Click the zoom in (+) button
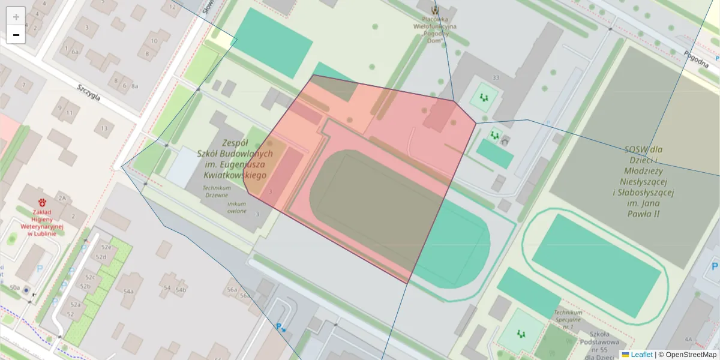click(x=16, y=17)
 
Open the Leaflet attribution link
click(x=641, y=355)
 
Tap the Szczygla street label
click(x=89, y=92)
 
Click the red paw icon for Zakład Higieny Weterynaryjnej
click(x=43, y=202)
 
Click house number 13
click(x=104, y=128)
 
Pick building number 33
click(x=495, y=78)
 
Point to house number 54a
click(x=128, y=291)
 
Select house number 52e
click(x=106, y=247)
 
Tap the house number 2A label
click(x=62, y=197)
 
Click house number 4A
click(x=688, y=340)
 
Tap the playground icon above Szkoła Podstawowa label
click(x=521, y=333)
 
